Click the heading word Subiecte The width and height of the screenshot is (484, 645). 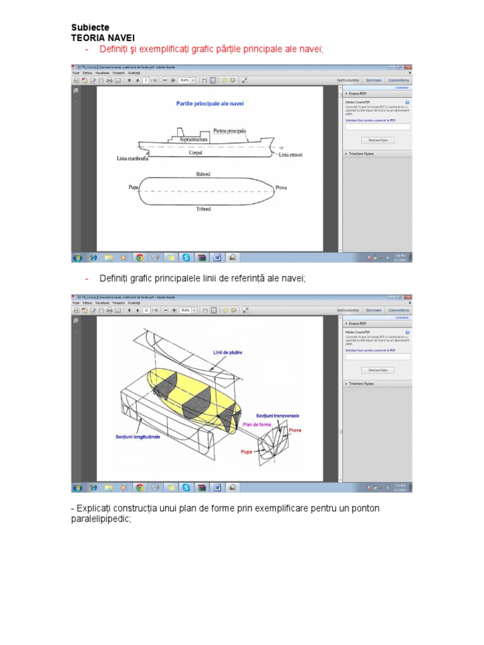[x=90, y=28]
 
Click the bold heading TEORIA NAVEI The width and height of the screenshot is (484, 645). [x=103, y=38]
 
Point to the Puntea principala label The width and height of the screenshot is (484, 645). [x=229, y=130]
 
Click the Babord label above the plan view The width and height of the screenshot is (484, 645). [x=203, y=173]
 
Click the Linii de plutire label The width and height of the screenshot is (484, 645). [x=228, y=352]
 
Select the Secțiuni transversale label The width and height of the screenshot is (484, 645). [x=278, y=416]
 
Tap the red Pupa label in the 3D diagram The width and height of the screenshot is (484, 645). [x=246, y=452]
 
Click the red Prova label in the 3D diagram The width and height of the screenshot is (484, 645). [x=295, y=430]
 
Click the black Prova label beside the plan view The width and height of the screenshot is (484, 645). [x=281, y=188]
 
